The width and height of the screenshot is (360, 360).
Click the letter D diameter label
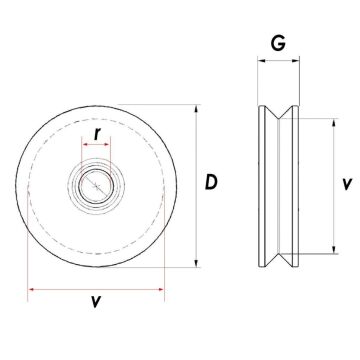[x=211, y=182]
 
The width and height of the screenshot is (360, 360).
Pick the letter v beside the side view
[x=345, y=184]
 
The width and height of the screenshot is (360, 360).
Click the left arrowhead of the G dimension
[x=261, y=61]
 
